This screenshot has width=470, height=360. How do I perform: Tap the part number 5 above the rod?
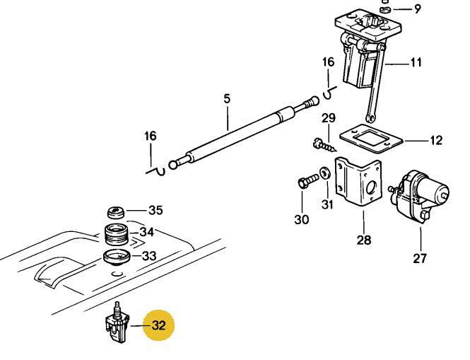[227, 99]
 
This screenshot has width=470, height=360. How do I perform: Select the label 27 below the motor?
[420, 258]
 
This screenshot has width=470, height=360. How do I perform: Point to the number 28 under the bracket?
[363, 240]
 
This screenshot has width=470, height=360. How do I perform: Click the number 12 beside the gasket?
[435, 140]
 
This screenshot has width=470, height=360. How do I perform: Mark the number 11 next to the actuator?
[416, 62]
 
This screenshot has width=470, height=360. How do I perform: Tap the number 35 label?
[155, 210]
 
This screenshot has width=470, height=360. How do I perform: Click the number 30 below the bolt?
[302, 220]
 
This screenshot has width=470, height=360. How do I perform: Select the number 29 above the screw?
[329, 117]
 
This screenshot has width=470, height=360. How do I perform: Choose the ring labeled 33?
[115, 255]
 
